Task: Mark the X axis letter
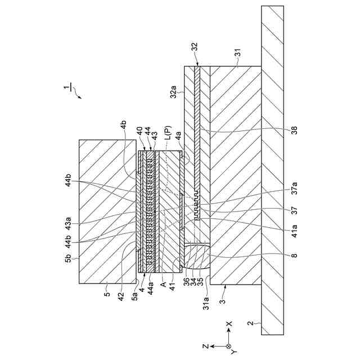point(229,325)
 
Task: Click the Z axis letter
point(206,346)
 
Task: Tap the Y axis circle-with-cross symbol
point(228,346)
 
